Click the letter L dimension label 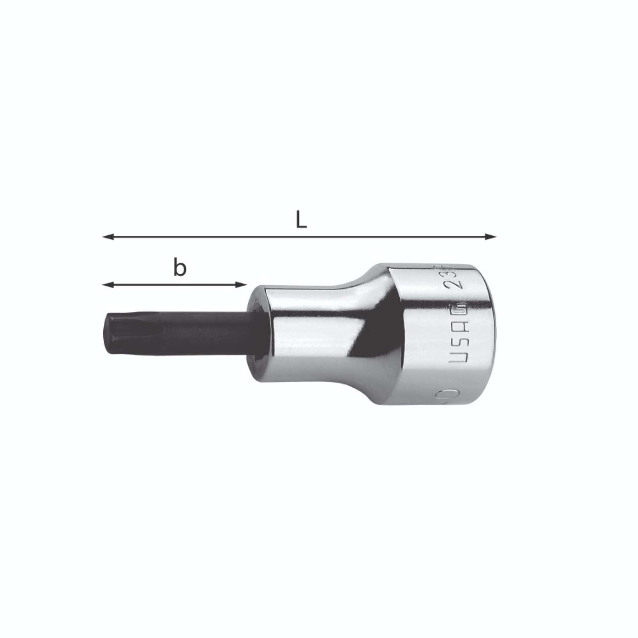click(x=301, y=220)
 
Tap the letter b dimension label click(x=180, y=269)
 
